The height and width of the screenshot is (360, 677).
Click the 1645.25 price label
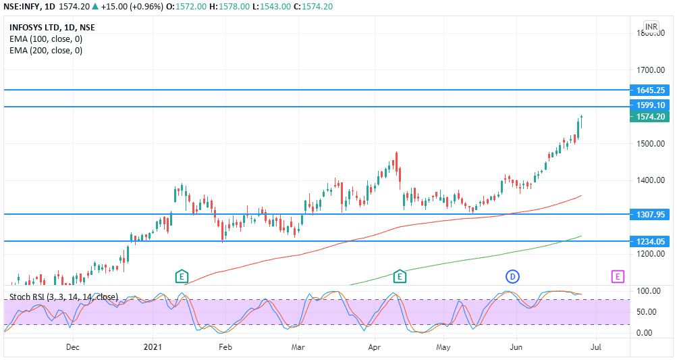coord(651,90)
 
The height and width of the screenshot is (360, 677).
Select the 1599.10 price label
coord(651,105)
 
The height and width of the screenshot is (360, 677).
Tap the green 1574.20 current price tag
coord(651,117)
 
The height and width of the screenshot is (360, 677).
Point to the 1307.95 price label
coord(651,214)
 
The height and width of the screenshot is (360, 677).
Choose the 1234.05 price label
coord(651,241)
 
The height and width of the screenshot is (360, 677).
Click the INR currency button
coord(651,27)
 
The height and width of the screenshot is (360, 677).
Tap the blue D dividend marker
coord(512,276)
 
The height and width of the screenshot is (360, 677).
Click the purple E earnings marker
coord(618,276)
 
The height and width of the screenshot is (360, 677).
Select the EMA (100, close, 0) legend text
coord(46,39)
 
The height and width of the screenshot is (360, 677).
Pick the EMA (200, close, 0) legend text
coord(46,50)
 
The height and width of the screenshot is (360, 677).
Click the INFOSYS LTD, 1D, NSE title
coord(52,28)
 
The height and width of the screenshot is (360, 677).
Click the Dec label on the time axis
coord(73,347)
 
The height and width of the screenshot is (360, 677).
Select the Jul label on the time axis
coord(596,347)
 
